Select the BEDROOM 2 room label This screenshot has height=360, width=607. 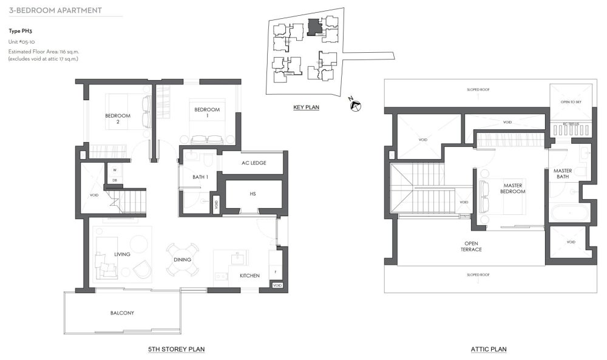118,118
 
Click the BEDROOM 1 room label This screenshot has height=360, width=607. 206,112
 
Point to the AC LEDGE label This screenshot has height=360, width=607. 254,163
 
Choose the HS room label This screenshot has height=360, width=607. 253,194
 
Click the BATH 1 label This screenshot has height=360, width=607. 200,177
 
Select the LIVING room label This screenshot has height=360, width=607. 122,254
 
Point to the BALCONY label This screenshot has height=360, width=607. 122,313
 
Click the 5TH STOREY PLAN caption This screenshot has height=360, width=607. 176,349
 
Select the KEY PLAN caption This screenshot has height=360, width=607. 307,107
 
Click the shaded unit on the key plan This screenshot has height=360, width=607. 313,27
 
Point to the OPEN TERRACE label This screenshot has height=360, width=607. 471,246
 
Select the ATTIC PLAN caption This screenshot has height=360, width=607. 489,349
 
